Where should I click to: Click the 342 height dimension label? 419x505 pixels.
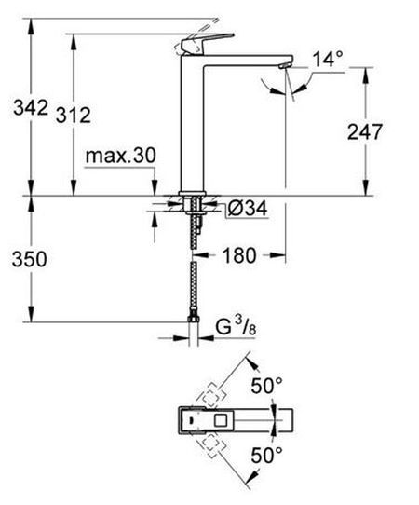31,107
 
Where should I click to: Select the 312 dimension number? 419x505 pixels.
74,115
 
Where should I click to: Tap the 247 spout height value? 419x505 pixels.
365,131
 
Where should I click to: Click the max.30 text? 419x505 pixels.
121,156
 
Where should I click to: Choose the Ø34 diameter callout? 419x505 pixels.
247,209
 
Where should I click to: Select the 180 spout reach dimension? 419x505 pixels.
239,255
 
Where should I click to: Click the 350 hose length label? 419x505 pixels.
29,259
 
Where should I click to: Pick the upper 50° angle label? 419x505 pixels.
267,386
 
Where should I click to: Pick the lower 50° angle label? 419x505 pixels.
267,455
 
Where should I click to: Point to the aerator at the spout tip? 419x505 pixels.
285,66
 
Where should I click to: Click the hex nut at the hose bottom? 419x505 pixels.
193,320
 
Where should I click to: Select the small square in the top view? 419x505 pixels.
221,420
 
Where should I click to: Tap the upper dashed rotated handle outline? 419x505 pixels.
210,395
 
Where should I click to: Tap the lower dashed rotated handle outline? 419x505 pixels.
210,445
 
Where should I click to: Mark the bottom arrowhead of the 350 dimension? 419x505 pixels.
31,314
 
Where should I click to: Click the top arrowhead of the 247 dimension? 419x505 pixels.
365,75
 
